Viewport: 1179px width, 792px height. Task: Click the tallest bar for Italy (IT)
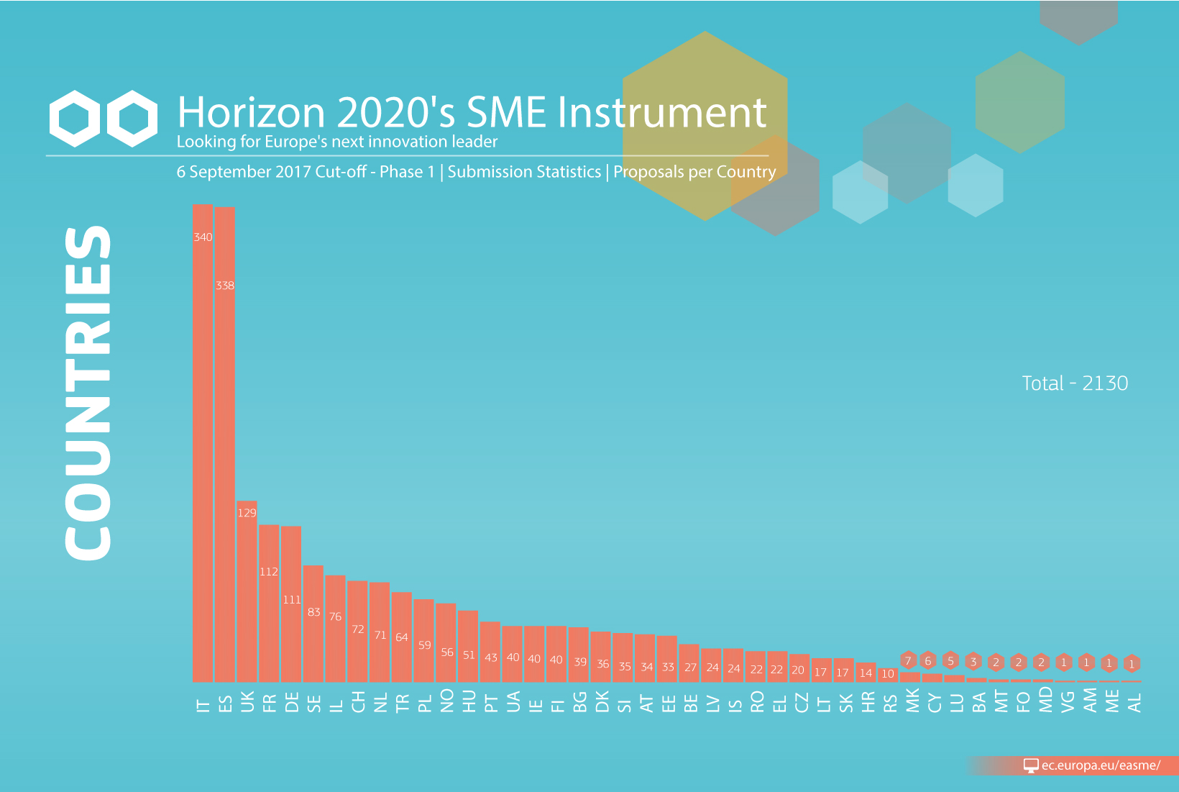point(203,443)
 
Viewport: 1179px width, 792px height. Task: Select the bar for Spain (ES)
point(225,445)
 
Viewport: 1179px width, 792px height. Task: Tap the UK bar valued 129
point(247,591)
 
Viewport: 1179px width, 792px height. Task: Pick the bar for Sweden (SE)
point(313,624)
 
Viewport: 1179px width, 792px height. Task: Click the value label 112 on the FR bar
point(269,571)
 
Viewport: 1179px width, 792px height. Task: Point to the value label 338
point(225,286)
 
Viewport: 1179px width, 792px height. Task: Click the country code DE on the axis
point(292,703)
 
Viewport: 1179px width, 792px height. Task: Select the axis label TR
point(402,703)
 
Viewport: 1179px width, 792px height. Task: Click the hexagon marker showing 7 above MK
point(908,661)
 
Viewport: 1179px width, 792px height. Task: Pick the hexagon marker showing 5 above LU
point(950,661)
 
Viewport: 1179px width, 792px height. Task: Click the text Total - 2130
point(1075,383)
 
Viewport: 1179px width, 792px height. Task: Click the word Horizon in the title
point(251,112)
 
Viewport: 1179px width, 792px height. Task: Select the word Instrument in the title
point(662,112)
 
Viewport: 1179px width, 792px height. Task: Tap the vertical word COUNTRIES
point(88,393)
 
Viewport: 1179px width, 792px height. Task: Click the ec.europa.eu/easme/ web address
point(1101,765)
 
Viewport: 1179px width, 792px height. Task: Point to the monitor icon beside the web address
point(1031,765)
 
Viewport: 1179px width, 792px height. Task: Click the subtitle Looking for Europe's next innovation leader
point(337,142)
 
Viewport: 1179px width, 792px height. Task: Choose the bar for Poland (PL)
point(423,640)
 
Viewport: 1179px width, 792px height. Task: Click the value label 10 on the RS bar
point(888,673)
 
